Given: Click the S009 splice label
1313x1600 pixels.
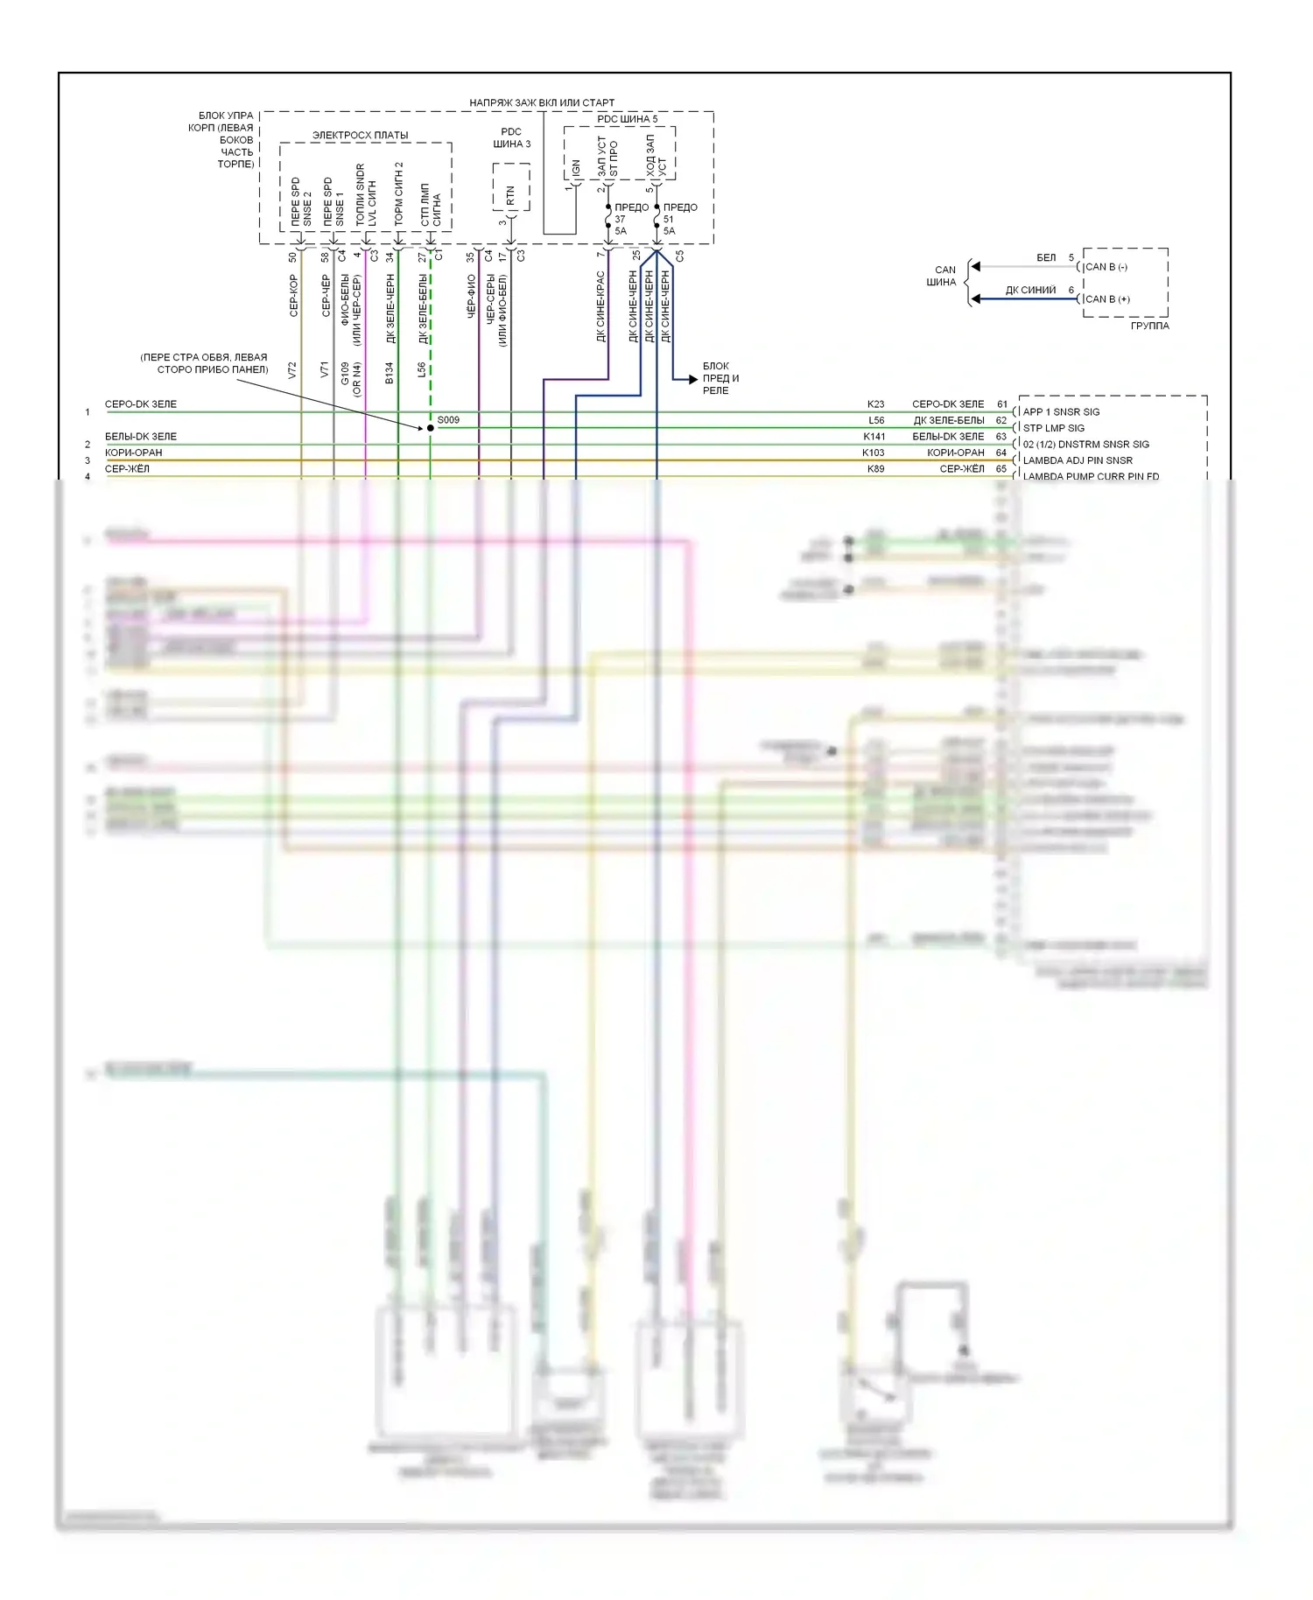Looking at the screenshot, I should coord(448,420).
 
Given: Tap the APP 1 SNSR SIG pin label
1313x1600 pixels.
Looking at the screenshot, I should coord(1061,411).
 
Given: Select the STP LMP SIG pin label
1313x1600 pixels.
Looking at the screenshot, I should coord(1053,428).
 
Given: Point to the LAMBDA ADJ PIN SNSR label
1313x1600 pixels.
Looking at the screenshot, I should coord(1078,460).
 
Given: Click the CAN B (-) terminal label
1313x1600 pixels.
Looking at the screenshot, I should coord(1106,267).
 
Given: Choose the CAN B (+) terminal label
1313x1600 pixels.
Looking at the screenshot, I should coord(1107,299).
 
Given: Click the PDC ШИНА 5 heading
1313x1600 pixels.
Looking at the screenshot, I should coord(627,119).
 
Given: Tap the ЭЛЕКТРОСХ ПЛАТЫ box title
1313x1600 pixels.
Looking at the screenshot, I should coord(360,136).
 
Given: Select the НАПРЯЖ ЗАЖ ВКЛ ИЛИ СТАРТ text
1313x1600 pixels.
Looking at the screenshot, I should coord(542,102).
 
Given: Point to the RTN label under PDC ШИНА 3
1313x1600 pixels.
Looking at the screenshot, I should coord(510,195).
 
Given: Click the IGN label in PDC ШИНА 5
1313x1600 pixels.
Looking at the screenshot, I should coord(575,167).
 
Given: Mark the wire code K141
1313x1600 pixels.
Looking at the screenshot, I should coord(874,437).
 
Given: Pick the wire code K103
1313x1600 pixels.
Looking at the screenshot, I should coord(873,453).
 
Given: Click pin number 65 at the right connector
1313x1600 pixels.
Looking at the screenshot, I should coord(1001,469).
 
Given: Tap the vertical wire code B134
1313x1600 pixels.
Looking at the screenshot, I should coord(390,373).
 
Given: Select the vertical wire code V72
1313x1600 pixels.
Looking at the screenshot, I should coord(292,370).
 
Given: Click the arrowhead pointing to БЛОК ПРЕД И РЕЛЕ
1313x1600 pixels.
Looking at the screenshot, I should coord(692,379).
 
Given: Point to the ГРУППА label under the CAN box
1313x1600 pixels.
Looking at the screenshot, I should coord(1149,326).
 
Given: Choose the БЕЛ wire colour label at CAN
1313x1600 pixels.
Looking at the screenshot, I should coord(1046,257).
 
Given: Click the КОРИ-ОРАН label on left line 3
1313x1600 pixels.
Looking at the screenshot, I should coord(134,453).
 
